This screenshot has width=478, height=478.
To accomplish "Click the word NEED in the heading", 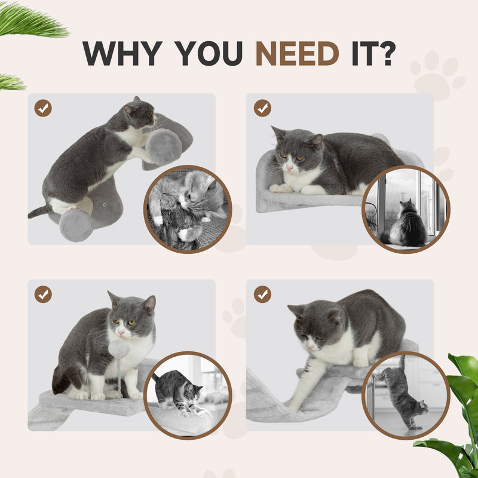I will (297, 53).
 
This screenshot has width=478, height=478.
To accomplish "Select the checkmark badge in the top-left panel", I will (43, 108).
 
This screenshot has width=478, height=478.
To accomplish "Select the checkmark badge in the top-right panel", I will (262, 108).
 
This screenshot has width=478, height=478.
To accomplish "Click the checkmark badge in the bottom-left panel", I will (43, 295).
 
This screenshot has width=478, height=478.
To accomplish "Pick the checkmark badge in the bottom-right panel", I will (262, 295).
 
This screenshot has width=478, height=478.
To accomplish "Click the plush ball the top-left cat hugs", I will (164, 146).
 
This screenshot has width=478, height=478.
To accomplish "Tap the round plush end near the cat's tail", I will (76, 225).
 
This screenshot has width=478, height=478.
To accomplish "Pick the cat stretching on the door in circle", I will (403, 391).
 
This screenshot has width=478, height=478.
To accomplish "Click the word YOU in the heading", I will (204, 53).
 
